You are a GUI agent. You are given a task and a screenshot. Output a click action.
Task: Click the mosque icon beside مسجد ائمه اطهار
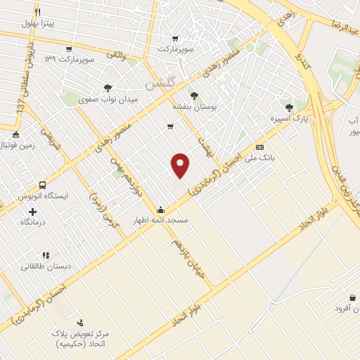[161, 209]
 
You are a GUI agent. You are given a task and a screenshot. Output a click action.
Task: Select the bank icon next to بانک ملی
[259, 147]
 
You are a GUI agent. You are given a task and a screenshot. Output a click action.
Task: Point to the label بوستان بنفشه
[193, 107]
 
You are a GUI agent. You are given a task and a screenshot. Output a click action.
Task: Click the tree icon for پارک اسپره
[289, 107]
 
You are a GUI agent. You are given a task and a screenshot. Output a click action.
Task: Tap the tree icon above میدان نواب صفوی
[107, 88]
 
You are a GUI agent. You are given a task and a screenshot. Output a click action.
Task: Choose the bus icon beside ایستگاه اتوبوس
[43, 184]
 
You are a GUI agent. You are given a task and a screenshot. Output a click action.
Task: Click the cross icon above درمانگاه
[32, 211]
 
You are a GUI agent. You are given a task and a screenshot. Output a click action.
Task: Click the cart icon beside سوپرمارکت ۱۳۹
[68, 49]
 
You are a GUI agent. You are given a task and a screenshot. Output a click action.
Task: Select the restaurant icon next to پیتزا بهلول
[37, 12]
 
